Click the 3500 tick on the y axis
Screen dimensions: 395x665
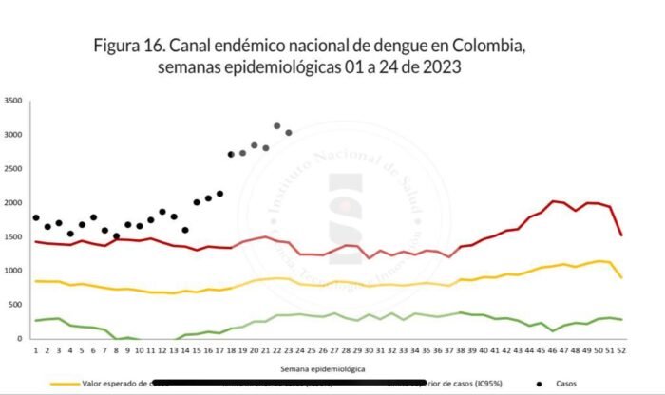pyautogui.click(x=13, y=101)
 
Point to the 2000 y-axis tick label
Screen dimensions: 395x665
pyautogui.click(x=13, y=203)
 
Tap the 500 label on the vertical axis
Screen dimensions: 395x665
pyautogui.click(x=16, y=305)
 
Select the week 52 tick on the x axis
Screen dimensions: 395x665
pyautogui.click(x=619, y=350)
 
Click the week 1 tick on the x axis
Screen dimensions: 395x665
pyautogui.click(x=36, y=350)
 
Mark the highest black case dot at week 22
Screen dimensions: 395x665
pyautogui.click(x=276, y=125)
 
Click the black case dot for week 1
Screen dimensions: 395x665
pyautogui.click(x=36, y=217)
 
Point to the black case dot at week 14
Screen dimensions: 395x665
pyautogui.click(x=185, y=230)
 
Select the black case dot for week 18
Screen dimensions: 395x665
pyautogui.click(x=231, y=154)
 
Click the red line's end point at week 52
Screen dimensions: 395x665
pyautogui.click(x=619, y=235)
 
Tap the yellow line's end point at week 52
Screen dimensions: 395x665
pyautogui.click(x=619, y=277)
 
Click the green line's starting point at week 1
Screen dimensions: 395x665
pyautogui.click(x=36, y=321)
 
